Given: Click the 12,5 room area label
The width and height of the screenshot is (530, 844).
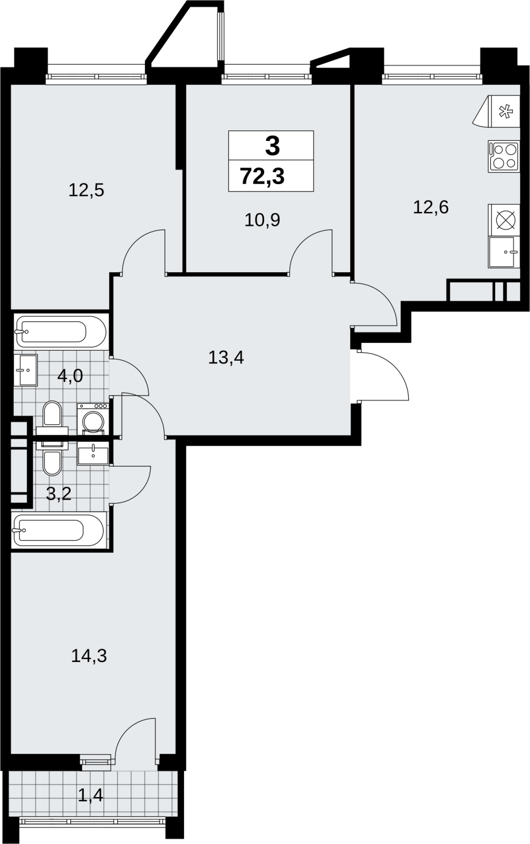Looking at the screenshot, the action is point(86,190).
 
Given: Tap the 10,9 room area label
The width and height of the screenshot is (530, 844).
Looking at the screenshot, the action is point(262,219).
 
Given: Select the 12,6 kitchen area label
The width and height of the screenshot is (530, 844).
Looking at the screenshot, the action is point(430,207).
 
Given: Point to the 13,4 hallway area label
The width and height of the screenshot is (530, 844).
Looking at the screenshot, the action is point(226,357).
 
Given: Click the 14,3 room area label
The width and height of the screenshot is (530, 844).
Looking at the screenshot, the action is point(89,656).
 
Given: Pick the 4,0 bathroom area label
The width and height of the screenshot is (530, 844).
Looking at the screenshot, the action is point(70,376).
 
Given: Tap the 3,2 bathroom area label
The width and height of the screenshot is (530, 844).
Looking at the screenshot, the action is point(59,493).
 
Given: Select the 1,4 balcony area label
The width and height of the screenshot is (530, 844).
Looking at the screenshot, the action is point(90,795).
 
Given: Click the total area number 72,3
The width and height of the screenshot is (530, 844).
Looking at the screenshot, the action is point(263,176).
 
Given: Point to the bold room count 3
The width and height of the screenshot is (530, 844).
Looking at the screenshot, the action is point(272,146).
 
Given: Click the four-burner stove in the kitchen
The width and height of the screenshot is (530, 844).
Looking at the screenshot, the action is point(504,156).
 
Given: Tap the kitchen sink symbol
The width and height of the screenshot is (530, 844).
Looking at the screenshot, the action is point(504,252).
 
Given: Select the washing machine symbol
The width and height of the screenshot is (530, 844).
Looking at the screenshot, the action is point(93,419).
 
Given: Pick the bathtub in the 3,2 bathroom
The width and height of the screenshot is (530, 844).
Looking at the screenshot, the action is point(58,530).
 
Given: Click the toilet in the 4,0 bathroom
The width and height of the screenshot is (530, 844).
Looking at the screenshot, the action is point(52,417).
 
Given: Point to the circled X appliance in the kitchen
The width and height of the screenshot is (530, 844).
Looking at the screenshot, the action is point(504,220).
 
